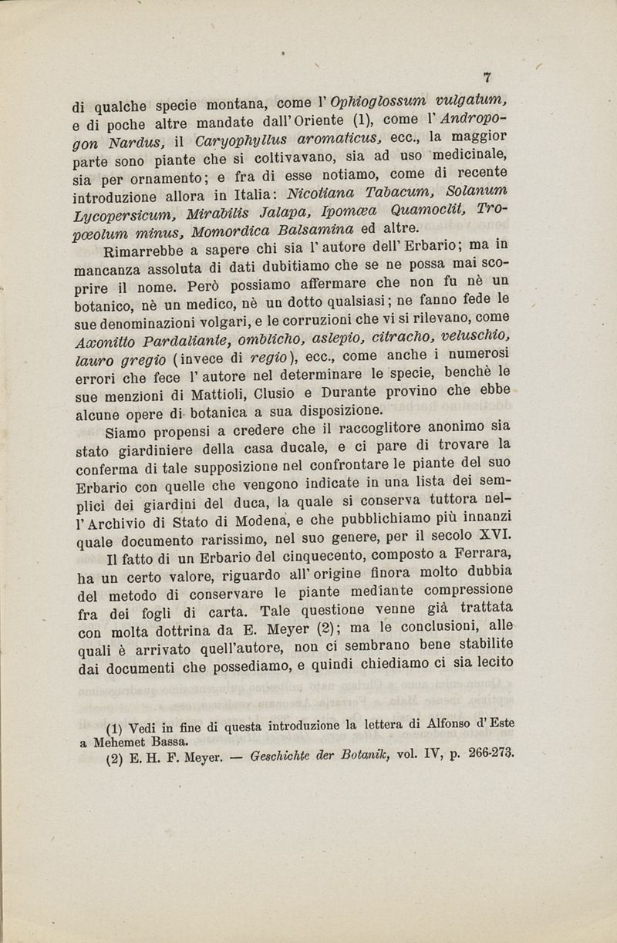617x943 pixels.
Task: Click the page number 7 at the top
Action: [487, 77]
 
